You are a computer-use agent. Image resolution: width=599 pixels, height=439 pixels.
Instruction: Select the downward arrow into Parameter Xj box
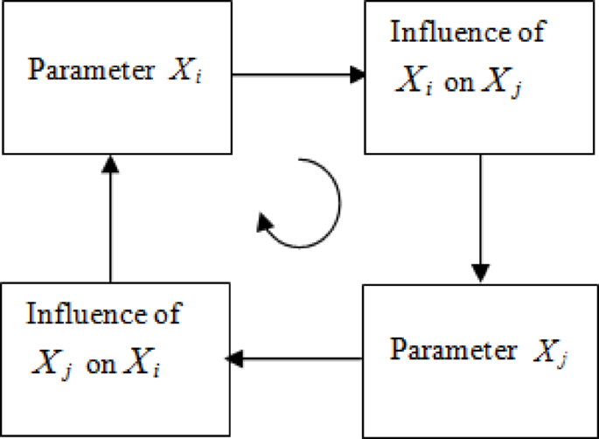(478, 219)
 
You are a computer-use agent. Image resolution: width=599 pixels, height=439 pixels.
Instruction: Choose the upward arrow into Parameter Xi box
(110, 218)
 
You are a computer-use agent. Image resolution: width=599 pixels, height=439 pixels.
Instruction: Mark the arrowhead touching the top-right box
(355, 76)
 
